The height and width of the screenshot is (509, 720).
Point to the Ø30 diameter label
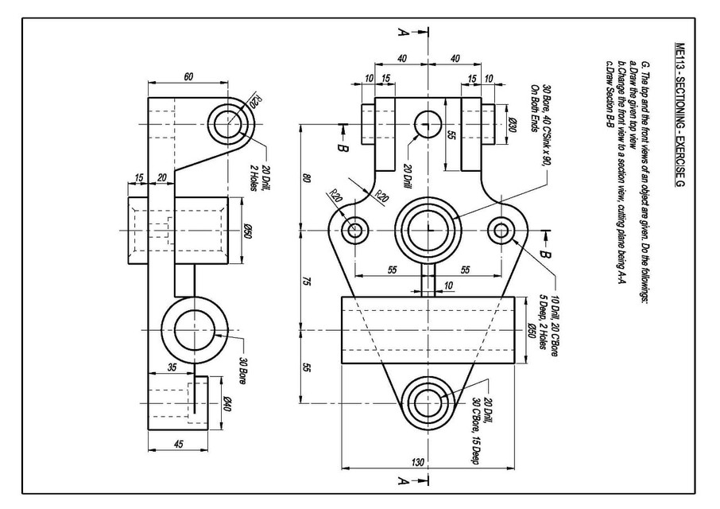tap(514, 125)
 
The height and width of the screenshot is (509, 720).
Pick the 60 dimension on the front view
tap(188, 77)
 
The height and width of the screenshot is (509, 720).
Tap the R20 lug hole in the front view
tap(229, 125)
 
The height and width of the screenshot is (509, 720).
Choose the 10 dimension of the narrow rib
tap(449, 286)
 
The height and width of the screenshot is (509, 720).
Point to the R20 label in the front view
tap(255, 102)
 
